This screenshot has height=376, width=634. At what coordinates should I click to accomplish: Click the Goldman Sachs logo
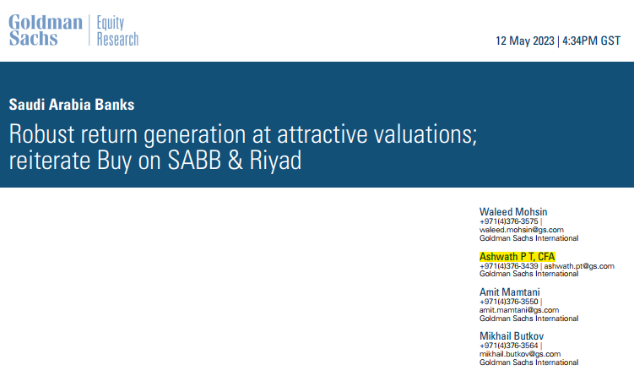46,30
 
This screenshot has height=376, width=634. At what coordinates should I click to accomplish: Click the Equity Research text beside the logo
117,30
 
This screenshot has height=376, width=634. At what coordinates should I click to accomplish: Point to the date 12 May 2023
525,41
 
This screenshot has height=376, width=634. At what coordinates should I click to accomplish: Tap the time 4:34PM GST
591,41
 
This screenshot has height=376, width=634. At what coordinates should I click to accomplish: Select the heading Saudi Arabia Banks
72,105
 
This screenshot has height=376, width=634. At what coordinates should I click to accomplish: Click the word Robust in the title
41,134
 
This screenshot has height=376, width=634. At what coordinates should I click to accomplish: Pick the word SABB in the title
194,161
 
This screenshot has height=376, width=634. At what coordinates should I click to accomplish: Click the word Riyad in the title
275,161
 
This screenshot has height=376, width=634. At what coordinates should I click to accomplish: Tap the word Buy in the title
115,161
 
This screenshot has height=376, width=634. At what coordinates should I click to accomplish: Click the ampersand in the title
236,161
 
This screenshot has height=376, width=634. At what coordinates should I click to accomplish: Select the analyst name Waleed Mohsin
513,212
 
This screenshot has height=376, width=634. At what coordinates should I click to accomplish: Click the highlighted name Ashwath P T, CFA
517,257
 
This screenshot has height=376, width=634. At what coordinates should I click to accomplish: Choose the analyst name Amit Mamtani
509,292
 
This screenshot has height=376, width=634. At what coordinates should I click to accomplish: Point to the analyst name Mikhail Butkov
512,336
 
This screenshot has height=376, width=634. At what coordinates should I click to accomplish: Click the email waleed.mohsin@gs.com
522,230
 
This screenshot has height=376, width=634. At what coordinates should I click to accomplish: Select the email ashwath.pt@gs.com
579,266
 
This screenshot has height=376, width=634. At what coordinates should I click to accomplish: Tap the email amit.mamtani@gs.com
519,310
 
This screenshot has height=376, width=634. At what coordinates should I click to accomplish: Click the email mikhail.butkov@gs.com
520,354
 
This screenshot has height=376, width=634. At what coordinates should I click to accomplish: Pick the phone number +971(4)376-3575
509,221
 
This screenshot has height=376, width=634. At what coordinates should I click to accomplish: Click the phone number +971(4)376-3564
509,346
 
